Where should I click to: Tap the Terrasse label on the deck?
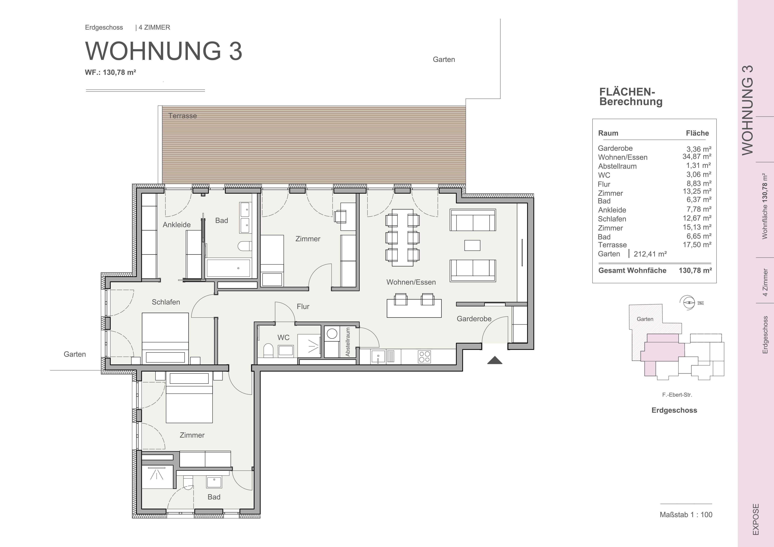pyautogui.click(x=182, y=116)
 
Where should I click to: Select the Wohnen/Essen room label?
pyautogui.click(x=411, y=282)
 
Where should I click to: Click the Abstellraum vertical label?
pyautogui.click(x=348, y=342)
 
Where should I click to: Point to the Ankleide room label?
pyautogui.click(x=177, y=225)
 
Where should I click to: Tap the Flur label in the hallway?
pyautogui.click(x=303, y=306)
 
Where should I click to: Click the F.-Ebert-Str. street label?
pyautogui.click(x=677, y=395)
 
